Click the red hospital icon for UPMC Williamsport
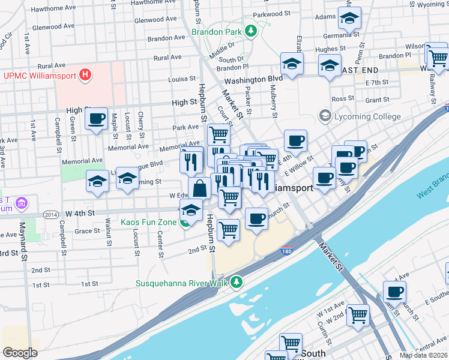(x=86, y=75)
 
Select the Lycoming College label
(x=368, y=116)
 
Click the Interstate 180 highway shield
(x=287, y=252)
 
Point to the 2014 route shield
(x=51, y=214)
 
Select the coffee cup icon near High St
(x=96, y=119)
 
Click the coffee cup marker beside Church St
(x=256, y=218)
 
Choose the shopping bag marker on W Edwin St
(x=199, y=188)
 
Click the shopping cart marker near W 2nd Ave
(x=358, y=313)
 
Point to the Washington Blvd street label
(x=253, y=79)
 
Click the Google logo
(x=20, y=353)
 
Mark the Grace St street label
(x=87, y=231)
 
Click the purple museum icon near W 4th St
(x=22, y=203)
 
